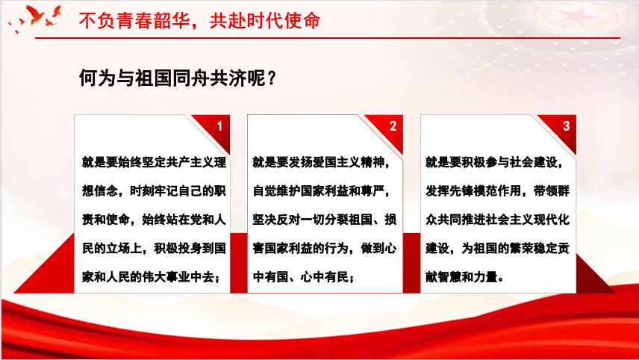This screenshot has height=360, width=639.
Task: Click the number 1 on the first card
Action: tap(219, 126)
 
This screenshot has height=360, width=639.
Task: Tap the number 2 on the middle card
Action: tap(393, 126)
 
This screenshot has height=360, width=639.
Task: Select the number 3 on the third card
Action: tap(566, 126)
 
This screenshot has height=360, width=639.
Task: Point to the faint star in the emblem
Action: tap(576, 17)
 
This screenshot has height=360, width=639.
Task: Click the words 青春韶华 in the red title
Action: tap(153, 21)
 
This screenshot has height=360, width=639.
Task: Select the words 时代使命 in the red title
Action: tap(283, 21)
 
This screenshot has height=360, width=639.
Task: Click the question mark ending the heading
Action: tap(272, 78)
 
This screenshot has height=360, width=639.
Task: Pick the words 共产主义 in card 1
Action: tap(190, 162)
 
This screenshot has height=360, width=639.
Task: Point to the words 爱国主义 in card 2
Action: tap(337, 162)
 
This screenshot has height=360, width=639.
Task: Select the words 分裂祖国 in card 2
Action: tap(349, 220)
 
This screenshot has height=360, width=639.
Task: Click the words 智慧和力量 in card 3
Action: tap(468, 277)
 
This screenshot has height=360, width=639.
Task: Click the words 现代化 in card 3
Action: tap(552, 220)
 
